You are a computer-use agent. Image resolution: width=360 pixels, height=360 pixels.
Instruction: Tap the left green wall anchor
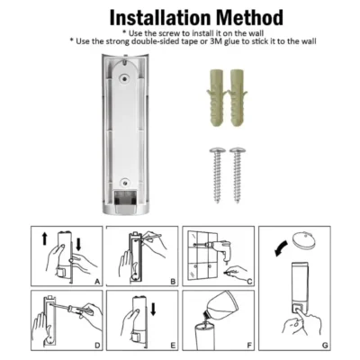point(215,100)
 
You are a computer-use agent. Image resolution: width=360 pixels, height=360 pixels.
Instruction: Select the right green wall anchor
point(238,100)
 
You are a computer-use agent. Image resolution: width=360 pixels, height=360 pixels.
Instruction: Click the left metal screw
point(217,175)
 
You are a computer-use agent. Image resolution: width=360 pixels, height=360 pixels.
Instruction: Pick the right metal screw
point(237,175)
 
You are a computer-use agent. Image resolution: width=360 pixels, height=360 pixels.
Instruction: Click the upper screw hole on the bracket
point(124,78)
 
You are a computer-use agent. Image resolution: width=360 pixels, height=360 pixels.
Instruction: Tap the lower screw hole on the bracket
point(124,182)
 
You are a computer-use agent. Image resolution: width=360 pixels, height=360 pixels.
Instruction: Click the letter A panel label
point(96,282)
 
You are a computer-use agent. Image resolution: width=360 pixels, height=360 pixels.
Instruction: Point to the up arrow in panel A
point(45,239)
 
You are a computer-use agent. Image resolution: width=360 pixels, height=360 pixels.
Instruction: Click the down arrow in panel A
point(78,244)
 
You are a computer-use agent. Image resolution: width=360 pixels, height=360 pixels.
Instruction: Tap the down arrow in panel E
point(153,309)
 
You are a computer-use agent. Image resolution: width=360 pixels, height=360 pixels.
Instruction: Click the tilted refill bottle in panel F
point(223,307)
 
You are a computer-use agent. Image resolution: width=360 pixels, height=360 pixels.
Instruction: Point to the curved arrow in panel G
point(281,248)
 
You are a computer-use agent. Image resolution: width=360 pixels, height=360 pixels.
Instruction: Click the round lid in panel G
point(305,241)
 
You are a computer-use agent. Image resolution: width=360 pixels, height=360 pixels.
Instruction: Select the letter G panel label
point(325,346)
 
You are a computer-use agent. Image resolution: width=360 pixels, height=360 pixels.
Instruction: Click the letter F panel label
point(249,346)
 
